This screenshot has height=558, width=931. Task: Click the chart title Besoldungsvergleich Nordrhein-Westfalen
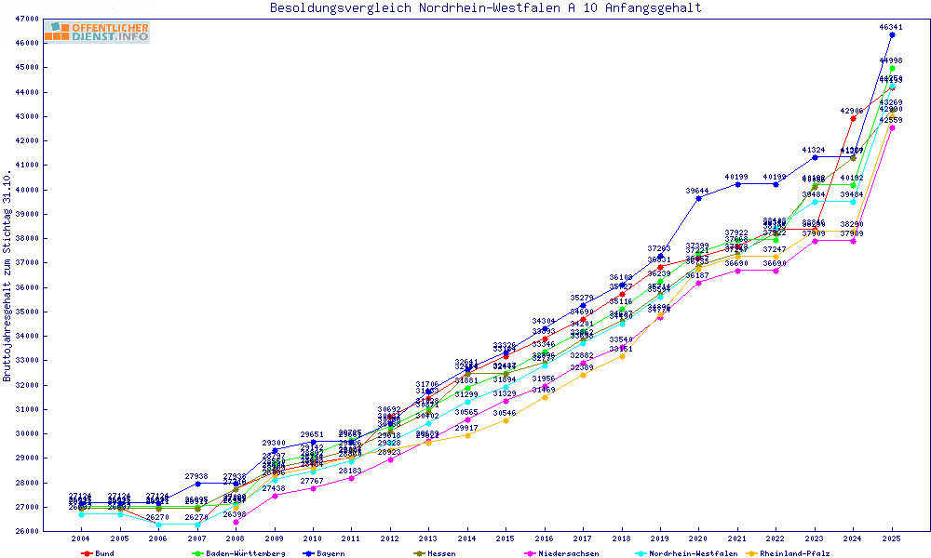click(x=486, y=8)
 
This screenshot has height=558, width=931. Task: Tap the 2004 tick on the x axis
click(x=80, y=538)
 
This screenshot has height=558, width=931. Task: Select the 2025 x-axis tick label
click(x=892, y=538)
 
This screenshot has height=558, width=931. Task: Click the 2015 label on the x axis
click(x=506, y=538)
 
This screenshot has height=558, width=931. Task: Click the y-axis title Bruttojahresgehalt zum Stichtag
click(x=8, y=276)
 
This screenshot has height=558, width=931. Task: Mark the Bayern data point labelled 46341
click(x=892, y=34)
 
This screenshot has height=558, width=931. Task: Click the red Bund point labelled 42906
click(x=853, y=118)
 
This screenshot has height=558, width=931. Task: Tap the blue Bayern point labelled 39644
click(x=698, y=198)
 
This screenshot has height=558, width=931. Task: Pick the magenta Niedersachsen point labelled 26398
click(x=235, y=522)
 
